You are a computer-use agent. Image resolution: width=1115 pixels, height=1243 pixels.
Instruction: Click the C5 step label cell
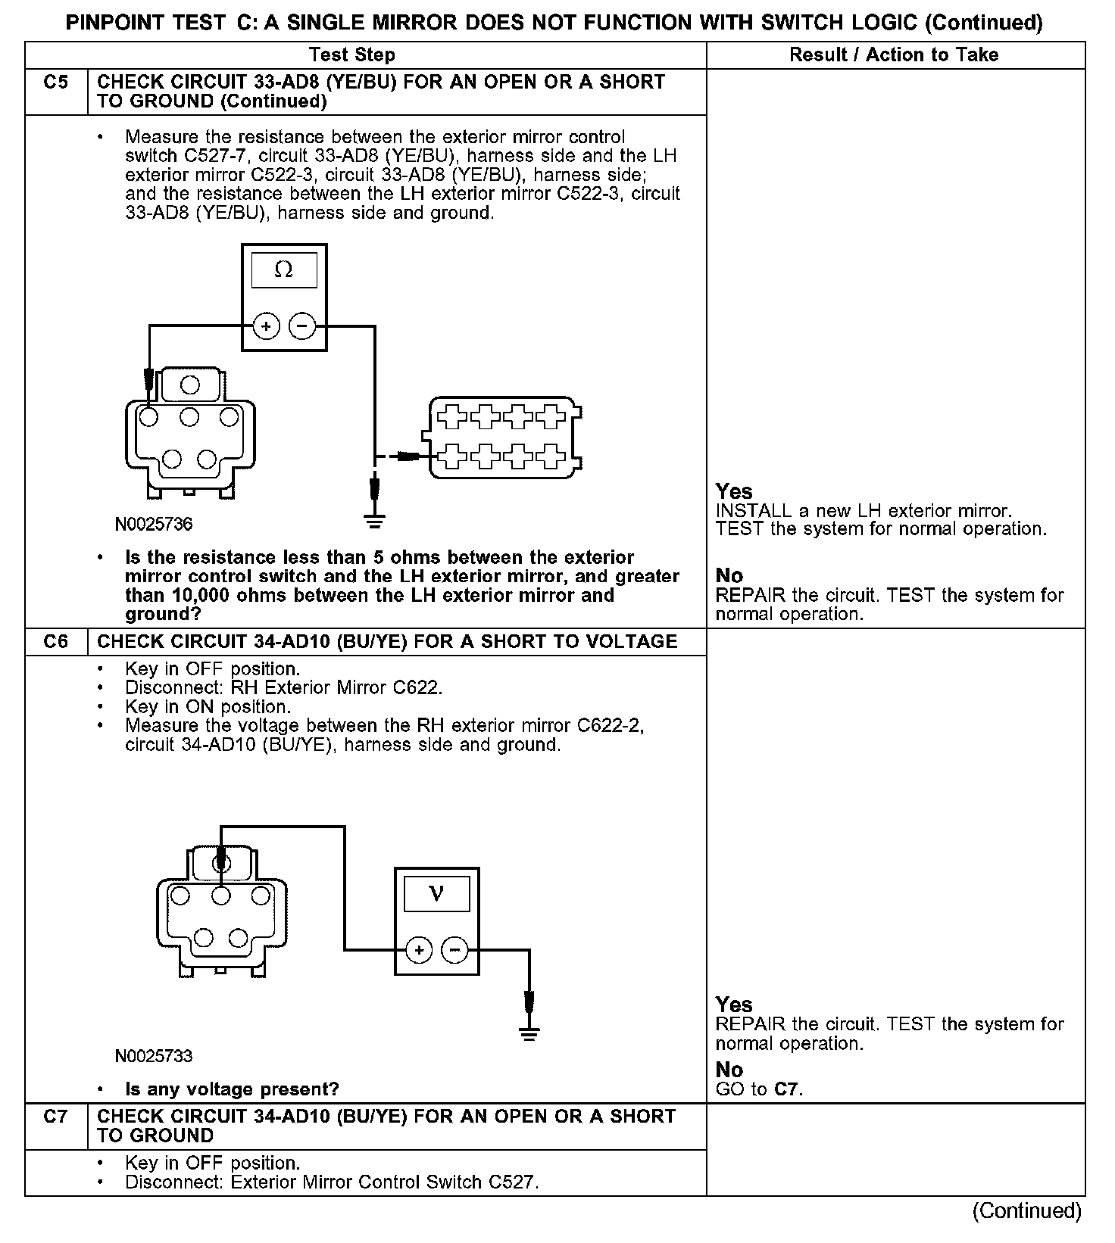pos(56,83)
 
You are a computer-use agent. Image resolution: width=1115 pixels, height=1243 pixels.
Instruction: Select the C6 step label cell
pos(56,642)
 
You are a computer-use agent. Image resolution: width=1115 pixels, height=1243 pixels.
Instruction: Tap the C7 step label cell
pos(56,1117)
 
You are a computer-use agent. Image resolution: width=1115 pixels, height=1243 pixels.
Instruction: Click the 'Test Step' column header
pos(352,55)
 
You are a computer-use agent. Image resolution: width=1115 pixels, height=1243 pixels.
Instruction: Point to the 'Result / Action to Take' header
pos(894,55)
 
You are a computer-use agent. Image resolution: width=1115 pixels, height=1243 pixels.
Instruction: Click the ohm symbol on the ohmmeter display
pos(283,270)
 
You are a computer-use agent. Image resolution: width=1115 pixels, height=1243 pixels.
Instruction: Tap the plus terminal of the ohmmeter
pos(266,327)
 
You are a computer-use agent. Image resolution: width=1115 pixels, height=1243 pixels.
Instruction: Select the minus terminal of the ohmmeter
pos(301,327)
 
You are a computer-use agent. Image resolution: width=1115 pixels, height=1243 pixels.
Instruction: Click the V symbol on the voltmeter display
pos(436,894)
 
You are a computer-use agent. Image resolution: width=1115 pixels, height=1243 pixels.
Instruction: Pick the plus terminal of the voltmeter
pos(419,950)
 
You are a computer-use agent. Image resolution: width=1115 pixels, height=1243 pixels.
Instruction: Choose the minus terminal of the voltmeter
pos(454,950)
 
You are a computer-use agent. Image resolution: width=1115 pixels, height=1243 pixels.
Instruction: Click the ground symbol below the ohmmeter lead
pos(374,520)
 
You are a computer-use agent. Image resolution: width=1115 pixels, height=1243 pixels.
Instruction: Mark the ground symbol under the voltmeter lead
pos(529,1034)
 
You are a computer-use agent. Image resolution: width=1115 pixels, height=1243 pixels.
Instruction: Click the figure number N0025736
pos(154,524)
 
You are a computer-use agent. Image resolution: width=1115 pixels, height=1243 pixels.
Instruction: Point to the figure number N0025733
pos(154,1056)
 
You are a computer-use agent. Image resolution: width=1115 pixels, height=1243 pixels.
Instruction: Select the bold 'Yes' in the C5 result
pos(734,491)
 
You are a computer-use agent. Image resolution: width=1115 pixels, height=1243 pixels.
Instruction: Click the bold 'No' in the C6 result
pos(729,1070)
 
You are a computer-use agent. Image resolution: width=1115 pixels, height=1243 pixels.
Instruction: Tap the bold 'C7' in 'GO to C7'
pos(787,1090)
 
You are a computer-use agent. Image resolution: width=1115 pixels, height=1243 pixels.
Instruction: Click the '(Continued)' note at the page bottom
pos(1026,1211)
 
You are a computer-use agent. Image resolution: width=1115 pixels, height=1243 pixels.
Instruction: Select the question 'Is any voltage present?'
pos(232,1090)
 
